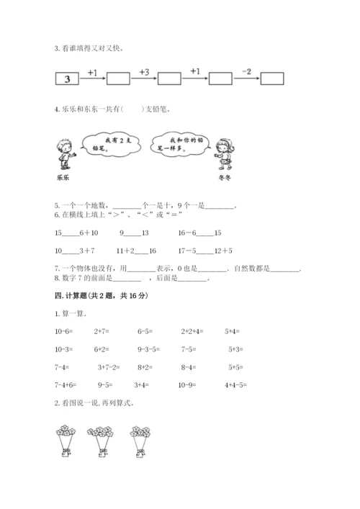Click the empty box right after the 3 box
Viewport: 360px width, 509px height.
coord(117,78)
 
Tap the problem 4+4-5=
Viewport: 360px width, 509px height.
coord(236,385)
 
